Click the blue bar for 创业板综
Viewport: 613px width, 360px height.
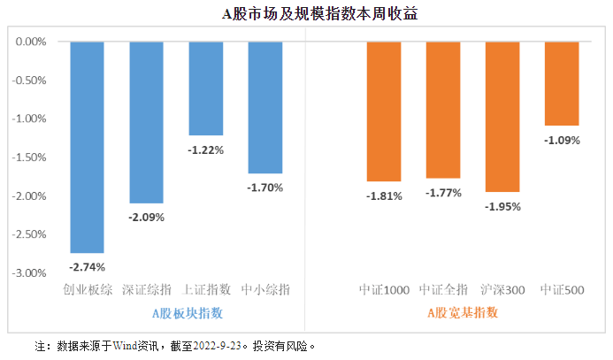pyautogui.click(x=88, y=147)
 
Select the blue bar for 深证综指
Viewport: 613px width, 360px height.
pyautogui.click(x=147, y=122)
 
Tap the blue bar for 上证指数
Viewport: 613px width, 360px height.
pyautogui.click(x=206, y=88)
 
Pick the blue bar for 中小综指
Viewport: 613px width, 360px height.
pyautogui.click(x=265, y=107)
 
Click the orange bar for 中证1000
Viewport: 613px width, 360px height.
pyautogui.click(x=384, y=111)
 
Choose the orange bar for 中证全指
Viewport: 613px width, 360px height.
pyautogui.click(x=443, y=110)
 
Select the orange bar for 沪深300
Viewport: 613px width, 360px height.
pyautogui.click(x=502, y=117)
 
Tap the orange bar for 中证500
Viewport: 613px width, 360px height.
pyautogui.click(x=562, y=83)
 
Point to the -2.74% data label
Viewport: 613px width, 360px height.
pyautogui.click(x=88, y=266)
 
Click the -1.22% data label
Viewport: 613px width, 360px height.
pyautogui.click(x=206, y=149)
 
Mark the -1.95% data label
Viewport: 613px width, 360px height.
pyautogui.click(x=502, y=206)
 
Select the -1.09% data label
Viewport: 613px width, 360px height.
pyautogui.click(x=562, y=140)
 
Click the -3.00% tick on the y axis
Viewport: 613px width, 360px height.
pyautogui.click(x=32, y=273)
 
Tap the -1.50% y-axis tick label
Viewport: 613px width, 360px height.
pyautogui.click(x=32, y=157)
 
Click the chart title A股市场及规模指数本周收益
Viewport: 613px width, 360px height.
pyautogui.click(x=307, y=14)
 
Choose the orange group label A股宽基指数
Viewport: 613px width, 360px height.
pyautogui.click(x=463, y=312)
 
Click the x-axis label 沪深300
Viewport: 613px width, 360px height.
pyautogui.click(x=502, y=290)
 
